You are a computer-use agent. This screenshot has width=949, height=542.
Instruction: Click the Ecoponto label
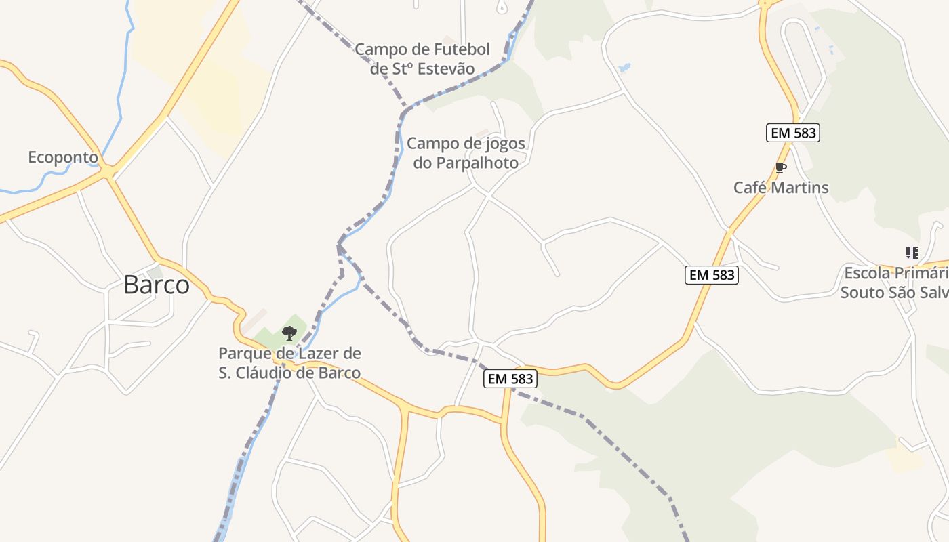62,158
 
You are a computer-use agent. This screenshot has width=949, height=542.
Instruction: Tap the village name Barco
157,285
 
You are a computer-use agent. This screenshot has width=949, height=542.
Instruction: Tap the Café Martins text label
781,188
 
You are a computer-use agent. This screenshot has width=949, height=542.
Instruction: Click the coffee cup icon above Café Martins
781,167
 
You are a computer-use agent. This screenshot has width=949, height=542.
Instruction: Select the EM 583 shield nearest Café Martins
793,133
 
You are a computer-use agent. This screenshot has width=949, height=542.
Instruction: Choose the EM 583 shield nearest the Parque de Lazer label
511,379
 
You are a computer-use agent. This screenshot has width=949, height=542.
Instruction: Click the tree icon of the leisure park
289,333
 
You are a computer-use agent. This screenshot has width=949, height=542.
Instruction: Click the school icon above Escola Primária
912,253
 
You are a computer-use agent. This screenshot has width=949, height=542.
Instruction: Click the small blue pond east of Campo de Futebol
624,68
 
